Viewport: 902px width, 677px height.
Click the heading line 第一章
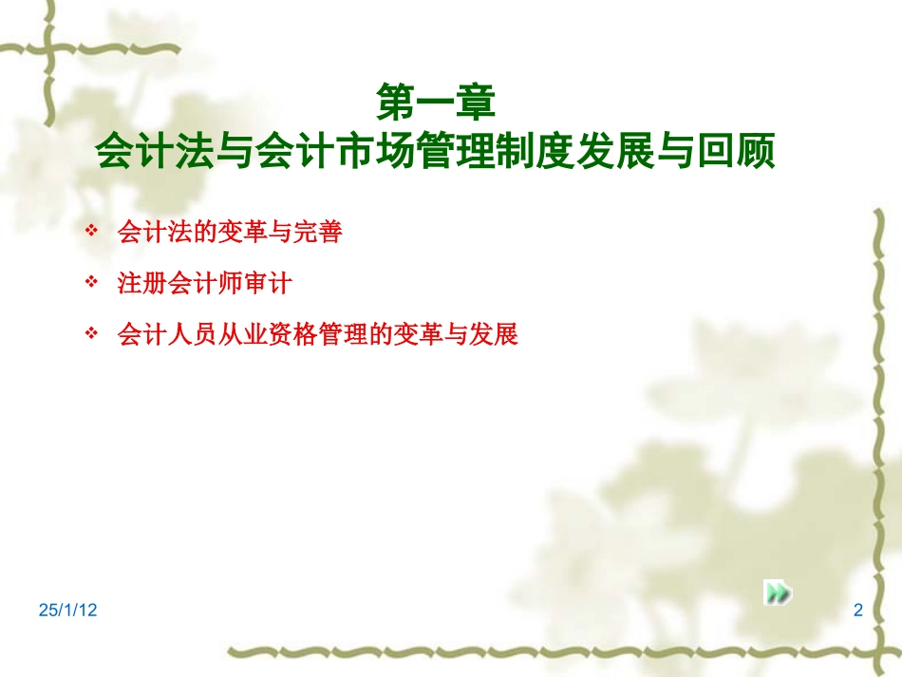coord(436,102)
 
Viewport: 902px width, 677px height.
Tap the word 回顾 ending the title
coord(737,151)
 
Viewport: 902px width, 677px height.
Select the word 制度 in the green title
coord(536,151)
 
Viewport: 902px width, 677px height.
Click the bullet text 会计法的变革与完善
coord(230,232)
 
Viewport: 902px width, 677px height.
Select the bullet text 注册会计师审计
coord(205,283)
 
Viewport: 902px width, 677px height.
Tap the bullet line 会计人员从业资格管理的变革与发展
coord(317,334)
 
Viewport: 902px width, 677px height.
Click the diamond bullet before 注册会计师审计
coord(91,282)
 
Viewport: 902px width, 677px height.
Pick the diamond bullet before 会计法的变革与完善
coord(91,231)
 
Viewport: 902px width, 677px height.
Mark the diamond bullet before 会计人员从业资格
coord(91,333)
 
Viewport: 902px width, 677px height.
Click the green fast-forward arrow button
coord(778,592)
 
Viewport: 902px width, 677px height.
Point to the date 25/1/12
coord(67,610)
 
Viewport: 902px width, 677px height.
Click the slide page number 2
coord(858,610)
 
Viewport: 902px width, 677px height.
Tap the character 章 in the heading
coord(476,102)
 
